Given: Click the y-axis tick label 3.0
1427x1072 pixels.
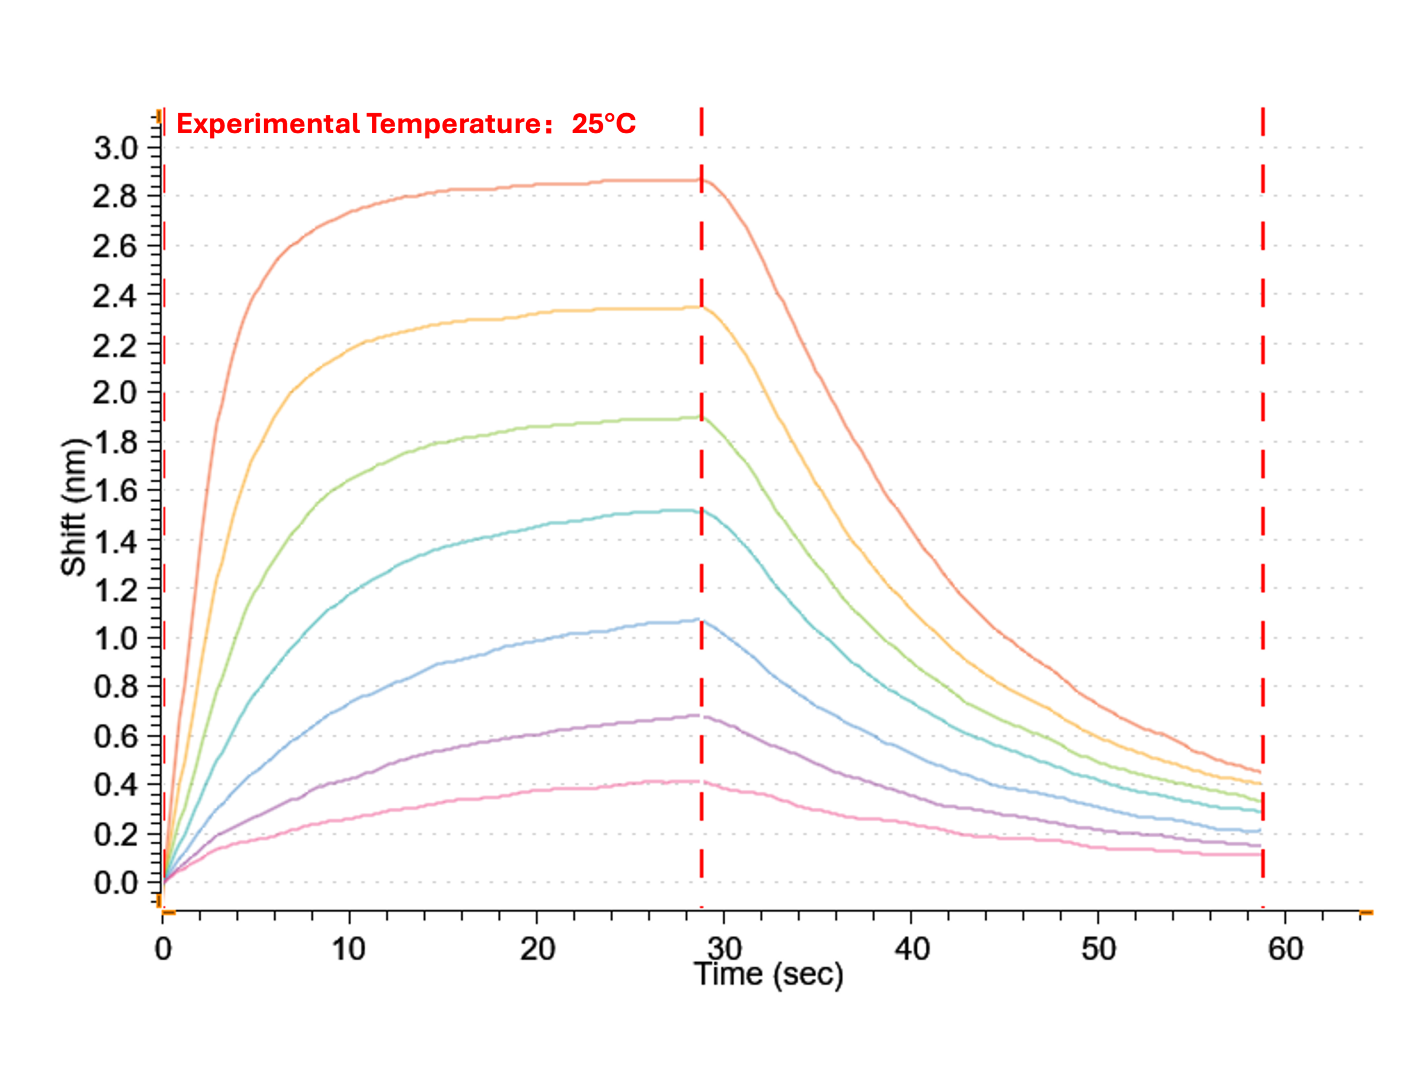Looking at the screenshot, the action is tap(116, 148).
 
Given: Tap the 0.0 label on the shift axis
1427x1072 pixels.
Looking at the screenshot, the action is tap(116, 882).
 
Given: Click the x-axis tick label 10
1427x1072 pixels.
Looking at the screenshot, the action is tap(349, 949).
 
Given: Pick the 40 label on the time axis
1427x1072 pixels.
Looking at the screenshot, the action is tap(911, 949).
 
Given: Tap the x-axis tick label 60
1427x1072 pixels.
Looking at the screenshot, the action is tap(1286, 949).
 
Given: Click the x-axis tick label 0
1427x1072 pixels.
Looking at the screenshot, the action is tap(163, 949).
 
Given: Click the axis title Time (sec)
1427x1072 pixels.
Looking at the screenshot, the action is tap(768, 974).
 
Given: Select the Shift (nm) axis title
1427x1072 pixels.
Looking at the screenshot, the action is tap(74, 507).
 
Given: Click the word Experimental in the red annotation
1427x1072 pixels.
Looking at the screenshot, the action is tap(268, 124).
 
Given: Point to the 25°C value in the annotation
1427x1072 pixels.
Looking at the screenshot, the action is tap(604, 123).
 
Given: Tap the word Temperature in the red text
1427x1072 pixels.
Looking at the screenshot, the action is tap(455, 124).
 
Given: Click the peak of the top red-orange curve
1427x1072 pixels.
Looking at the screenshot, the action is tap(701, 180).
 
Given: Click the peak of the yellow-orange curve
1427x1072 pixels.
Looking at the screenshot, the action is tap(701, 307).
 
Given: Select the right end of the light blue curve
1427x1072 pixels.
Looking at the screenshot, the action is tap(1260, 830).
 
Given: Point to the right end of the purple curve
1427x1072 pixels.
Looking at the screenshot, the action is tap(1260, 846).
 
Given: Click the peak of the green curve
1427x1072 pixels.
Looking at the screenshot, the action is tap(701, 418).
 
